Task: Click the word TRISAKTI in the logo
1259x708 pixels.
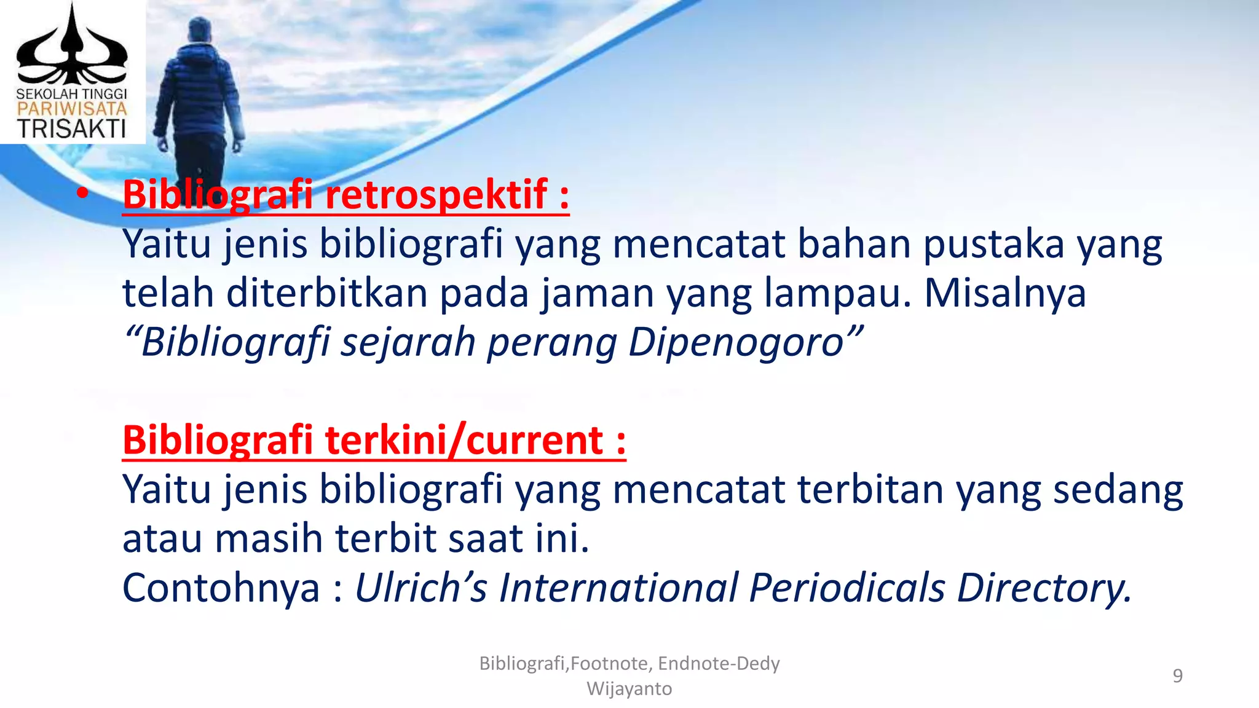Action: click(71, 129)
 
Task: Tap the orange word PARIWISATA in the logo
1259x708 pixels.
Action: click(71, 109)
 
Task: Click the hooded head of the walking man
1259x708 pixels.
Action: click(200, 31)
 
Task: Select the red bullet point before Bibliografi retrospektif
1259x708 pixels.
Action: click(82, 194)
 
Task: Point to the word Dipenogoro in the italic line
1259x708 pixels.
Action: click(736, 342)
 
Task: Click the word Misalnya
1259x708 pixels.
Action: click(1005, 293)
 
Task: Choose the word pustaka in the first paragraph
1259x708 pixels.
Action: click(993, 243)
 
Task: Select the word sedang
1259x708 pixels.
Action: click(1118, 489)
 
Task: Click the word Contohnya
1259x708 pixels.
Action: click(221, 588)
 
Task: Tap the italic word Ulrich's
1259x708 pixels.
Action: click(421, 588)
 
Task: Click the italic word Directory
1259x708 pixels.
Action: click(1044, 588)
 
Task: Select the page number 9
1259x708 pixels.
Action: click(1177, 675)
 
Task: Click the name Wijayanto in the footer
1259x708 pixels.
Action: click(629, 688)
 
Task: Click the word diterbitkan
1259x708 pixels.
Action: click(326, 293)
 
